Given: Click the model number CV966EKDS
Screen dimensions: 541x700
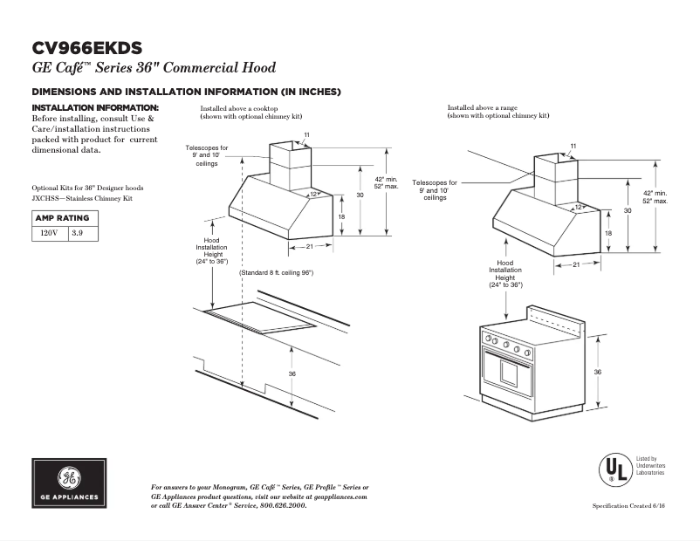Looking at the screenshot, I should (86, 48).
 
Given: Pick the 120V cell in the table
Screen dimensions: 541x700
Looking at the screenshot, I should (50, 233).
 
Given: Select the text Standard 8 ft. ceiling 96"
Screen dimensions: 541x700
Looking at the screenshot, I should (277, 273).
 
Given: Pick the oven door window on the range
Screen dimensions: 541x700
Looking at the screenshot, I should (510, 374).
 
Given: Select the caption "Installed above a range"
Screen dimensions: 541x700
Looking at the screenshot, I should (479, 107).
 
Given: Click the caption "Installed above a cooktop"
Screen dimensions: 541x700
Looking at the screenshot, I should (235, 107).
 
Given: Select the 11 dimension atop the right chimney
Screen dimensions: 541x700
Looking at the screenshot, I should (573, 145).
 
